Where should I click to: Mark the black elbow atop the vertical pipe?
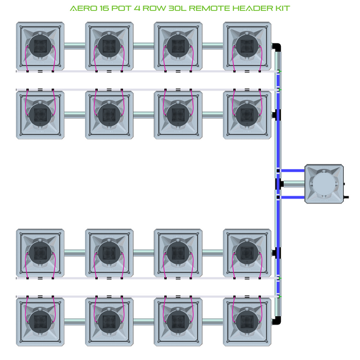(278, 47)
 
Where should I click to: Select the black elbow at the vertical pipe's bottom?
(277, 319)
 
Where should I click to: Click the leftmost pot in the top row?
(40, 46)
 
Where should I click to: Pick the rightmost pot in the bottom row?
(247, 320)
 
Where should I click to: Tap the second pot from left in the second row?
(109, 114)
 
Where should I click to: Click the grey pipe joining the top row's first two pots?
(74, 46)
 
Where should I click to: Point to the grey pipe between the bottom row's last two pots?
(212, 320)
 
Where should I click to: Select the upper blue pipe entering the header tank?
(293, 172)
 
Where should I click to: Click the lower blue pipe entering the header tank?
(293, 197)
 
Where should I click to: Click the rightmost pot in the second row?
(247, 114)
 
